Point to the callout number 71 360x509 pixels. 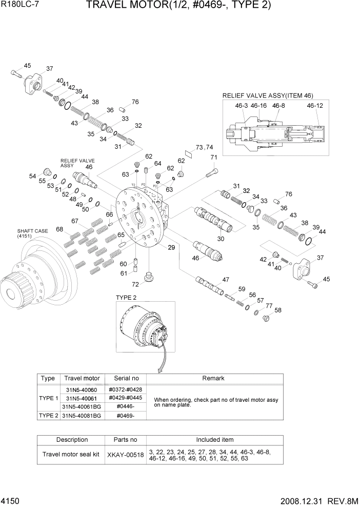point(214,158)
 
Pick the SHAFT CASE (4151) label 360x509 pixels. point(32,233)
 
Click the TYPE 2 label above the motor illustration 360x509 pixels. point(126,298)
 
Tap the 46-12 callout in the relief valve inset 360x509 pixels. point(315,105)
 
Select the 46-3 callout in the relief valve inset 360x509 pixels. point(242,105)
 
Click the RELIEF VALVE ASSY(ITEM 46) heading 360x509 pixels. point(267,95)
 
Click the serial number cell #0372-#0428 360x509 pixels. point(126,390)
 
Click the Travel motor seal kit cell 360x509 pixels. point(71,455)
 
